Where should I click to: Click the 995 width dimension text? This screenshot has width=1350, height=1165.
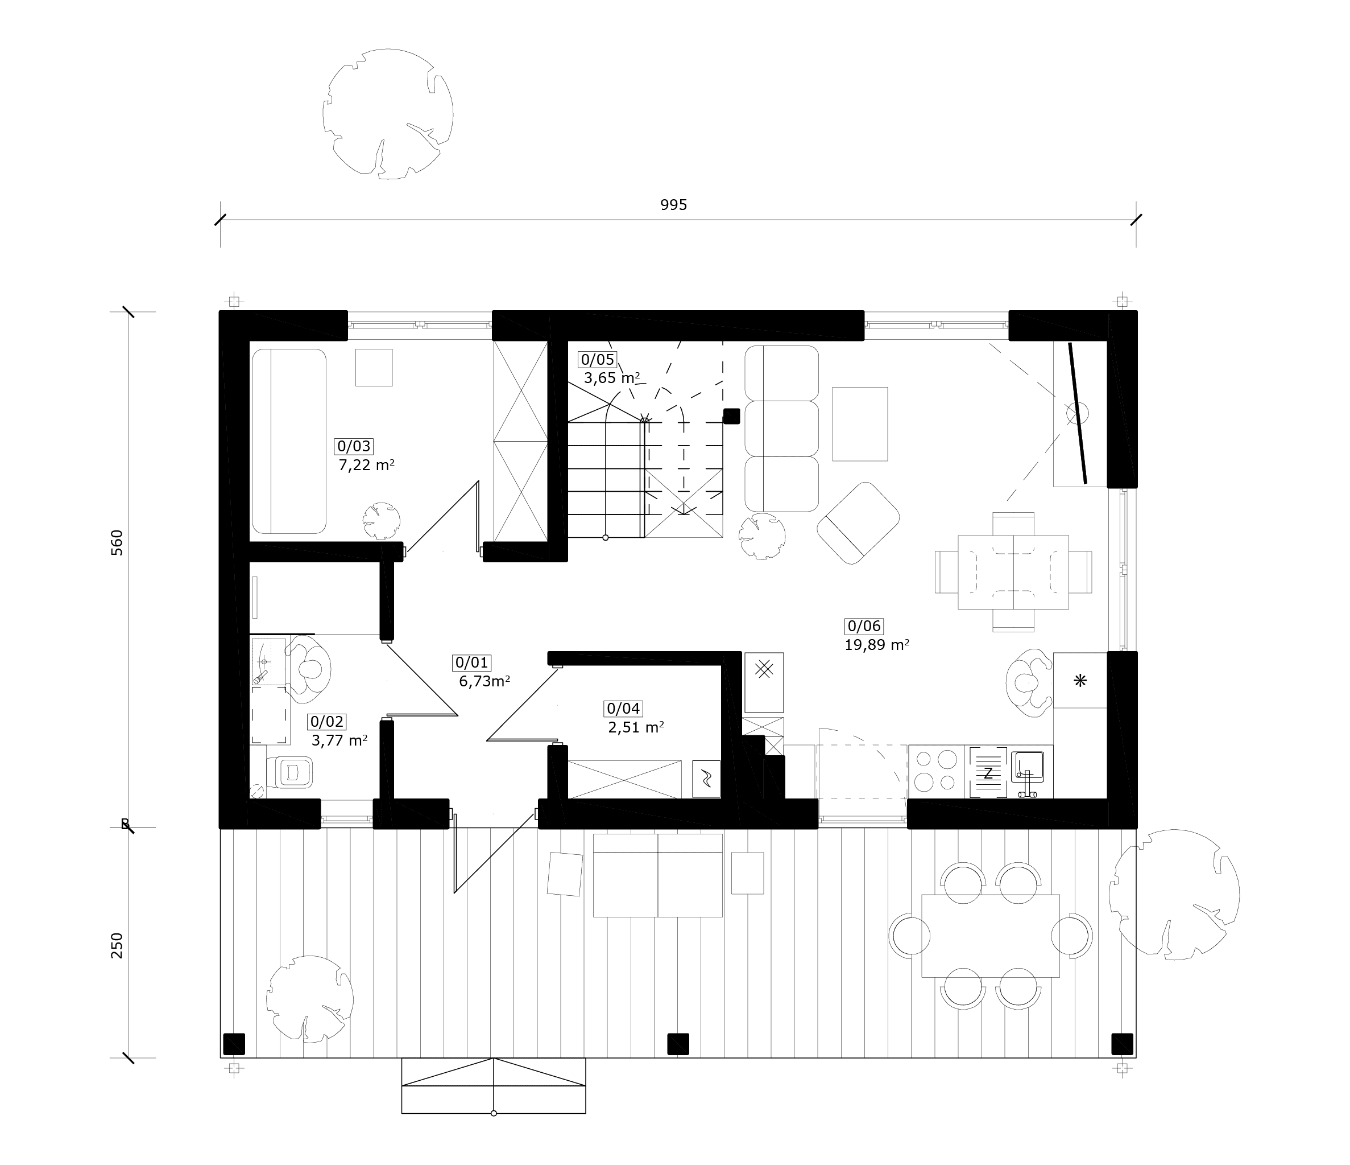coord(674,205)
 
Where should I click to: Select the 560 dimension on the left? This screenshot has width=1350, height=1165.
coord(117,542)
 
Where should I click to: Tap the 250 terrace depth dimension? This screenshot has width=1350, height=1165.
coord(117,945)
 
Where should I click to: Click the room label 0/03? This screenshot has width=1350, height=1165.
coord(353,447)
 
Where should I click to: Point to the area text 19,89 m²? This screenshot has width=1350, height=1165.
coord(877,645)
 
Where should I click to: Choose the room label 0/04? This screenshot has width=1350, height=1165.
coord(623,709)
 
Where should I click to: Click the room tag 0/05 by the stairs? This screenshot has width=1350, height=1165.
coord(598,360)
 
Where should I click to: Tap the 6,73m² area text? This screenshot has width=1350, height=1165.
coord(484,682)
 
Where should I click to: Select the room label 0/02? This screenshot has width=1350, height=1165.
coord(327,722)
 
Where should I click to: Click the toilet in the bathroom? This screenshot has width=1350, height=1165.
coord(289,772)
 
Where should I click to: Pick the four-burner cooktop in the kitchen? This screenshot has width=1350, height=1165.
coord(935,771)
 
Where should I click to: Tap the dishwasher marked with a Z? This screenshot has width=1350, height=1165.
coord(988,772)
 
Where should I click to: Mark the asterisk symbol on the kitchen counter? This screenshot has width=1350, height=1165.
coord(1080,681)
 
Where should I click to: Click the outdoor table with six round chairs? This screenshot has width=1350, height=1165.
coord(991,936)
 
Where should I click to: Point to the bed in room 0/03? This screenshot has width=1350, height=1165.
coord(289,442)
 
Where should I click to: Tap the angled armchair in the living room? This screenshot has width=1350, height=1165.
coord(858,523)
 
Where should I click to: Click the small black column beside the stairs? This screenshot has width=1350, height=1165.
coord(732,416)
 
